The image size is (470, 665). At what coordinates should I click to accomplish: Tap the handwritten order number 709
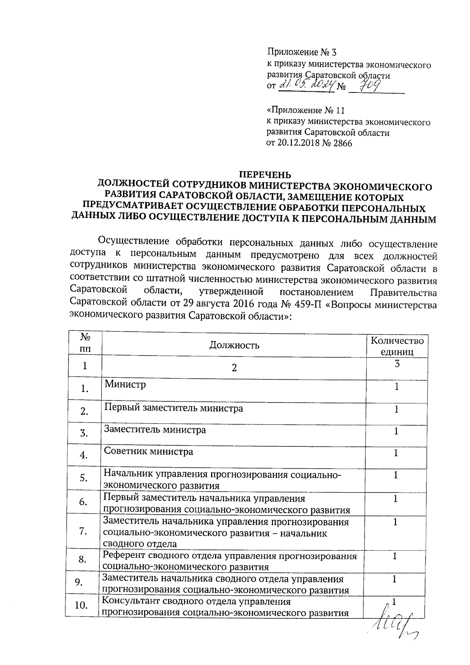pyautogui.click(x=369, y=84)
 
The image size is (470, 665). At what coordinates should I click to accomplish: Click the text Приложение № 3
pyautogui.click(x=301, y=52)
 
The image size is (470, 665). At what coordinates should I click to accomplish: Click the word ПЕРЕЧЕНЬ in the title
pyautogui.click(x=266, y=174)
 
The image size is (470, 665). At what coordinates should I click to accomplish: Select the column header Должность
pyautogui.click(x=234, y=345)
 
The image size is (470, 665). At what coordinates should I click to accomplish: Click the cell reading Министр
pyautogui.click(x=125, y=384)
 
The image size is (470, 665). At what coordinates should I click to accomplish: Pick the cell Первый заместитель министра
pyautogui.click(x=174, y=408)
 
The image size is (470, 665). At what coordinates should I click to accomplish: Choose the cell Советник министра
pyautogui.click(x=148, y=451)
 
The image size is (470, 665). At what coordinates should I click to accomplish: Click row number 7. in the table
pyautogui.click(x=83, y=531)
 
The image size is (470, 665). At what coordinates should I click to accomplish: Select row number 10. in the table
pyautogui.click(x=81, y=605)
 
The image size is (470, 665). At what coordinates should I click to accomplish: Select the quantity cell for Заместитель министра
pyautogui.click(x=396, y=431)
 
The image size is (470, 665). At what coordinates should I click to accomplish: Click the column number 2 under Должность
pyautogui.click(x=234, y=368)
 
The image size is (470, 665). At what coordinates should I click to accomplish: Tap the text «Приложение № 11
pyautogui.click(x=305, y=111)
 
